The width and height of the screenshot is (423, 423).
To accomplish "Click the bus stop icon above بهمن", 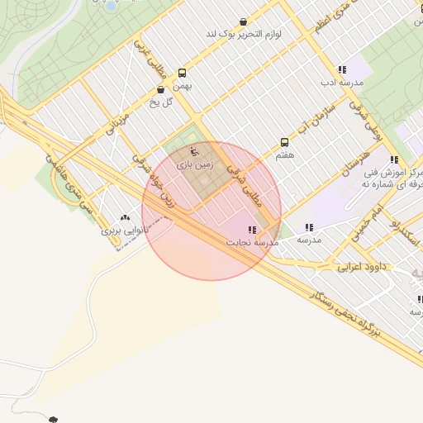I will click(x=183, y=73).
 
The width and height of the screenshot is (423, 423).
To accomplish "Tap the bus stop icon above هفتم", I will click(x=285, y=142).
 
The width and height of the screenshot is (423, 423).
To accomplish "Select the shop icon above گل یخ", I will click(x=160, y=89).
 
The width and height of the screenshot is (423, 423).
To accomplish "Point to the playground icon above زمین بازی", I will click(x=194, y=152).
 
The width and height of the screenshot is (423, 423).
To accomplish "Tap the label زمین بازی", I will click(x=195, y=166).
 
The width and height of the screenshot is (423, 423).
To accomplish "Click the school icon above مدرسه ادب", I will click(x=342, y=70).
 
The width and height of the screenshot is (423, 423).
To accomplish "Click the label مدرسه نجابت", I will click(x=251, y=243).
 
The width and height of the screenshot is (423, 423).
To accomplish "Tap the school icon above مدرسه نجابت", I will click(x=251, y=230).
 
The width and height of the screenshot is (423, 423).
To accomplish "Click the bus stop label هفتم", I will click(x=286, y=154).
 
